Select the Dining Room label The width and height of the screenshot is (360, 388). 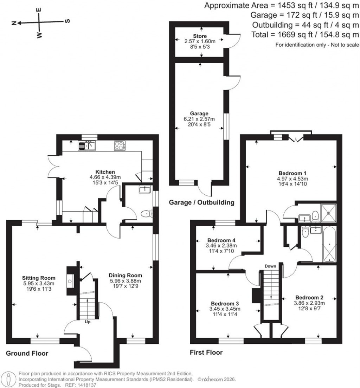pyautogui.click(x=125, y=275)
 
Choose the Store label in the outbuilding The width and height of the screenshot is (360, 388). pyautogui.click(x=200, y=36)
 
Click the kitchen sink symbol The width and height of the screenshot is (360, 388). pyautogui.click(x=87, y=145)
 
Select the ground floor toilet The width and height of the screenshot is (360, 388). pyautogui.click(x=146, y=213)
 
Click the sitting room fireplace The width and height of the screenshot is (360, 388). pyautogui.click(x=70, y=281)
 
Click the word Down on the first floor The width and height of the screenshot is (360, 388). pyautogui.click(x=270, y=266)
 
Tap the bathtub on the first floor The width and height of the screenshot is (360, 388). pyautogui.click(x=329, y=244)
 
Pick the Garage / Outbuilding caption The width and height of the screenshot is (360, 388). pyautogui.click(x=201, y=202)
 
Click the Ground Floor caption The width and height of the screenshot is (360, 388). pyautogui.click(x=27, y=353)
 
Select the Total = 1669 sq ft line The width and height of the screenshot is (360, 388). pyautogui.click(x=305, y=34)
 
